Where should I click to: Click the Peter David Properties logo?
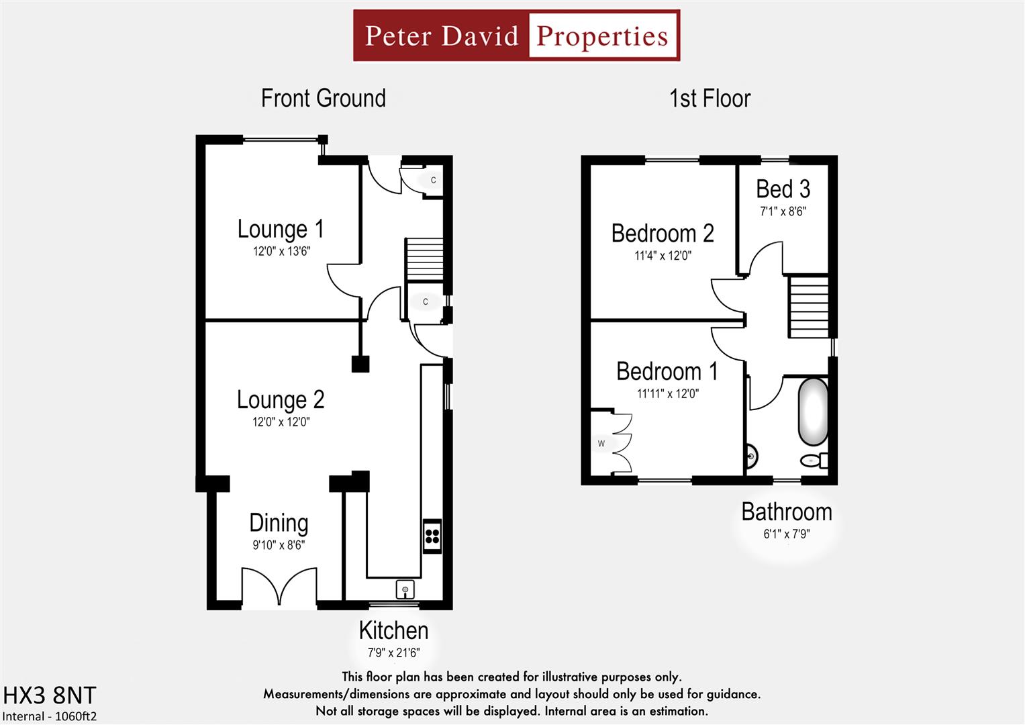pyautogui.click(x=516, y=36)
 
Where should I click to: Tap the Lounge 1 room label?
pyautogui.click(x=281, y=229)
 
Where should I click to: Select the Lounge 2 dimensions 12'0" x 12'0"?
pyautogui.click(x=281, y=422)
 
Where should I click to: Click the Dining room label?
pyautogui.click(x=279, y=523)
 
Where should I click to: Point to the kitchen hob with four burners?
pyautogui.click(x=432, y=536)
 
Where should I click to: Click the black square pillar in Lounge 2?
pyautogui.click(x=360, y=364)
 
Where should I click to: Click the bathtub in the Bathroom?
pyautogui.click(x=812, y=412)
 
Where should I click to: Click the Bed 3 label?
pyautogui.click(x=783, y=189)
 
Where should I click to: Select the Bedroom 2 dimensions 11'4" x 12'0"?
pyautogui.click(x=663, y=256)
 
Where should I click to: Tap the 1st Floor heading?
pyautogui.click(x=710, y=99)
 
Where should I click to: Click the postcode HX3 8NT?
pyautogui.click(x=50, y=695)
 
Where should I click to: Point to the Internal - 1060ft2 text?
pyautogui.click(x=50, y=716)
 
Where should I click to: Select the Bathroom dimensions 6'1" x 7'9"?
pyautogui.click(x=786, y=534)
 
